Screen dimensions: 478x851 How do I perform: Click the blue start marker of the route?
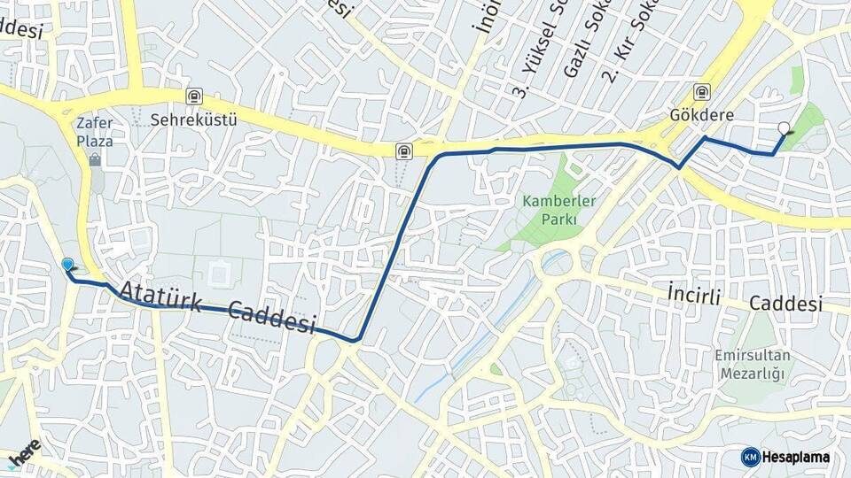click(67, 264)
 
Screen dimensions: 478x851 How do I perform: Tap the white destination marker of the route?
click(784, 128)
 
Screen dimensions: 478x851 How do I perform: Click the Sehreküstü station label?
click(193, 118)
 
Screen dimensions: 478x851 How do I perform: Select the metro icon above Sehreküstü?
click(193, 96)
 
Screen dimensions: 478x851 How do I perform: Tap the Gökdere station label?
click(700, 114)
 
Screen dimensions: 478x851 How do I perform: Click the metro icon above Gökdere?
click(702, 92)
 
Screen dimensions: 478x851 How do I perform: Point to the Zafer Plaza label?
click(95, 133)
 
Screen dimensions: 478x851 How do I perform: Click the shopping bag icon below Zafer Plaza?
click(95, 160)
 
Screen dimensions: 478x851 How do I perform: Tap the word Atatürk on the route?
click(168, 297)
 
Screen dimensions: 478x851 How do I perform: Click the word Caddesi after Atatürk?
click(272, 317)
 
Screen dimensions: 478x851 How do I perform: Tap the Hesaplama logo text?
click(796, 457)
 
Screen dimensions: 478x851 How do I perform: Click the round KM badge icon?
click(750, 457)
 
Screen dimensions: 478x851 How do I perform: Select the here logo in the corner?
click(25, 452)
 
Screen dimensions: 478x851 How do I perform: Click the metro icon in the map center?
click(403, 150)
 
